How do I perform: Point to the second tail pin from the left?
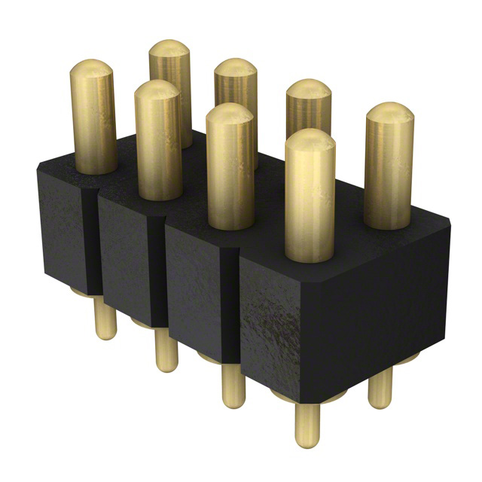[166, 350]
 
